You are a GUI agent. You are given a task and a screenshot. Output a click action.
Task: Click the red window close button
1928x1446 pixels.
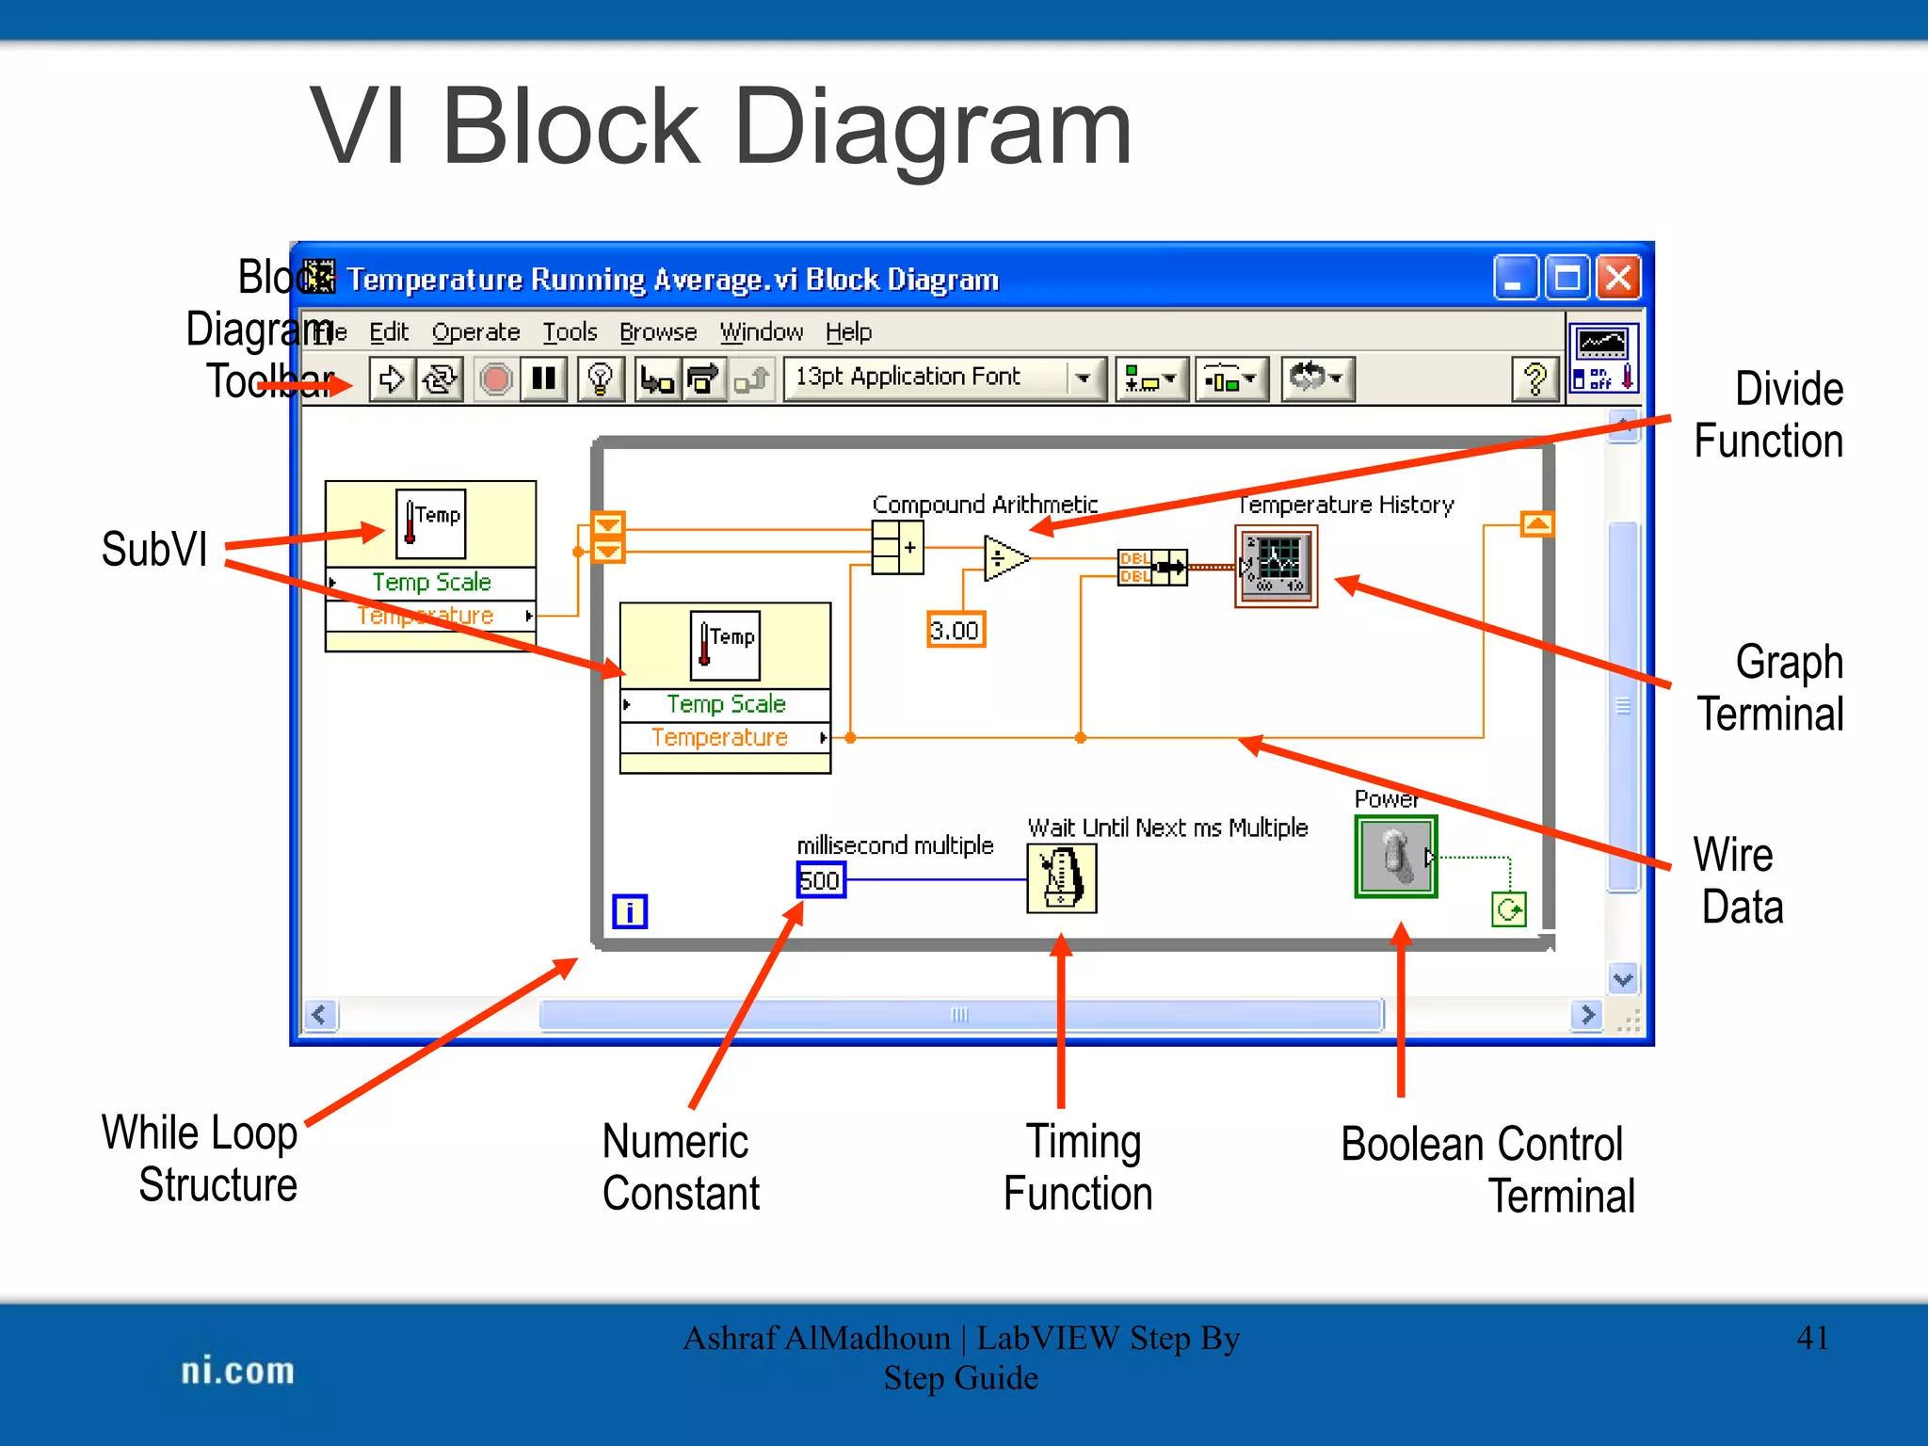[1618, 278]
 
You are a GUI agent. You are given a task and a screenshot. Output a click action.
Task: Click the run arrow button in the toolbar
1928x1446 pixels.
[392, 379]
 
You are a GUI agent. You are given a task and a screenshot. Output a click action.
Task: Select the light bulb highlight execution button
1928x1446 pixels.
[600, 379]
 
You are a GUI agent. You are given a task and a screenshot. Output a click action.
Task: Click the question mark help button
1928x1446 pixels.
[1534, 379]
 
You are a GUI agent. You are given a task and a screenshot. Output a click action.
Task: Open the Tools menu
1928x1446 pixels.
[570, 332]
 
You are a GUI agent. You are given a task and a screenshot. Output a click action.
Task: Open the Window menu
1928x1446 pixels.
[761, 332]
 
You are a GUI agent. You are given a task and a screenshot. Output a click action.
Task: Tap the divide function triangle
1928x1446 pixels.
[1004, 559]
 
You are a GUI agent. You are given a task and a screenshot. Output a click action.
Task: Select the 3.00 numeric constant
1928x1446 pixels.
[956, 631]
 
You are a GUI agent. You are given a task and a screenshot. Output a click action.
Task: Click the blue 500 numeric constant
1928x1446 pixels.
[821, 881]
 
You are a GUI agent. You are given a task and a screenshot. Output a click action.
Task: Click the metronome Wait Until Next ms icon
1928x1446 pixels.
[1062, 878]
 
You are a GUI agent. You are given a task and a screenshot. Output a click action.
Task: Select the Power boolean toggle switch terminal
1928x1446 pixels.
[1396, 857]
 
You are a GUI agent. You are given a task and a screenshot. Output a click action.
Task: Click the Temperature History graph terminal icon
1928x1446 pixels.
[1276, 566]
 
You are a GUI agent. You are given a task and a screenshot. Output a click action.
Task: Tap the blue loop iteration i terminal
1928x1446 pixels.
[630, 911]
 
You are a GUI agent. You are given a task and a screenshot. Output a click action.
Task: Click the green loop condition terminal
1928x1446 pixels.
[1509, 910]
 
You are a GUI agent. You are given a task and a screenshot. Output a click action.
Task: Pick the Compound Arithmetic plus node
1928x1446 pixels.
[897, 548]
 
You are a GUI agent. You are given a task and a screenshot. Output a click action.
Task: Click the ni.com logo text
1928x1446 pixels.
[237, 1371]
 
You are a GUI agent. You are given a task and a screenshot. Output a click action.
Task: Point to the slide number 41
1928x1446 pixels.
[1812, 1338]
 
